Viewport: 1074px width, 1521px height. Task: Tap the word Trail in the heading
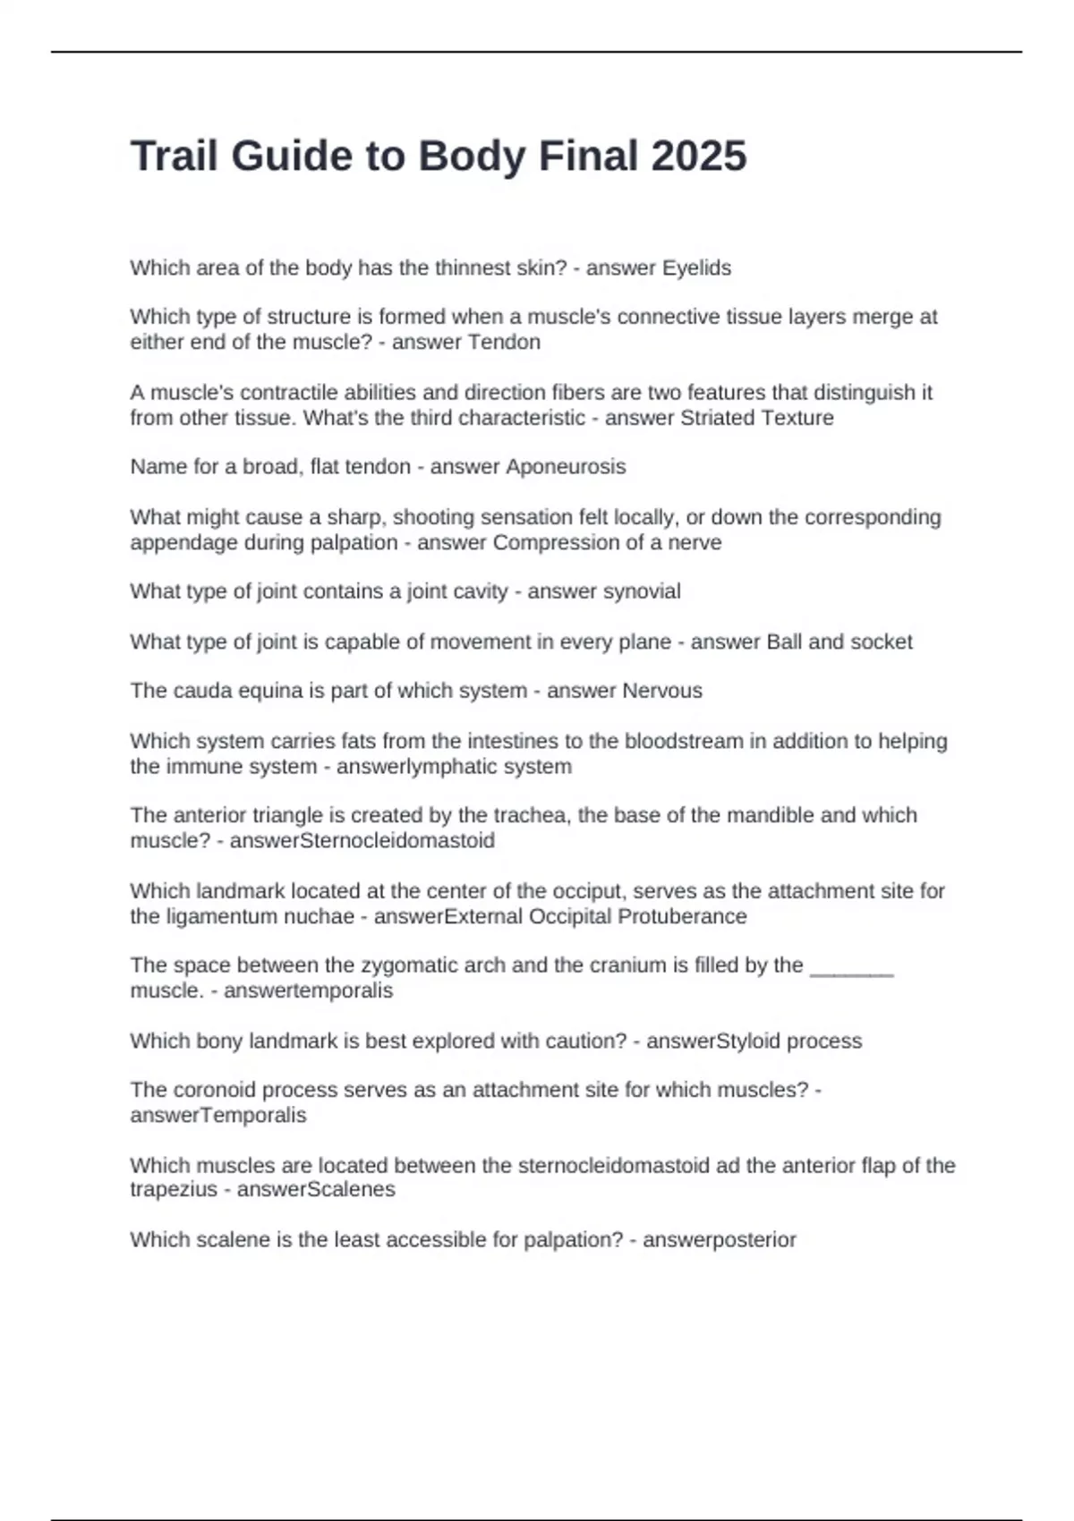pyautogui.click(x=175, y=156)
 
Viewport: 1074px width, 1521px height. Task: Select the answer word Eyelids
pyautogui.click(x=695, y=268)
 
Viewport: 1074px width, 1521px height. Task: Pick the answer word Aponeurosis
pyautogui.click(x=566, y=466)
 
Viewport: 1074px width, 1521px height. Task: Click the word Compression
pyautogui.click(x=549, y=542)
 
